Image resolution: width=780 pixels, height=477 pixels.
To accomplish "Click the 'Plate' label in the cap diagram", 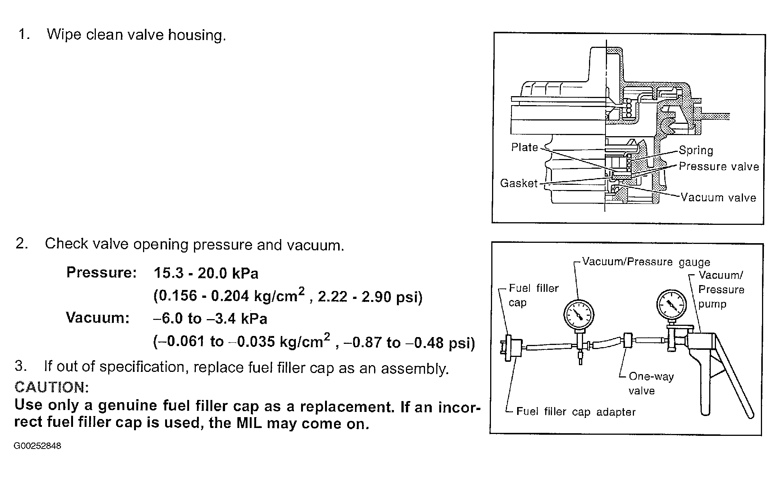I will point(524,147).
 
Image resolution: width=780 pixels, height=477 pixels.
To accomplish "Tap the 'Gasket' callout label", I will point(519,183).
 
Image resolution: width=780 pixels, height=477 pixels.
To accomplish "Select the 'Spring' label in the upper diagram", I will point(696,150).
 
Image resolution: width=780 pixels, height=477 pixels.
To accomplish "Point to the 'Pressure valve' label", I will point(719,166).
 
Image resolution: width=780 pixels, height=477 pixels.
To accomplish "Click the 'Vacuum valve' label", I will point(718,198).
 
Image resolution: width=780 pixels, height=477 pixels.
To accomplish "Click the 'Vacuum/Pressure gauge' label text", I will point(646,262).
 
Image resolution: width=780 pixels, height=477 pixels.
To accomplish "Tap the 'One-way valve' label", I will point(651,383).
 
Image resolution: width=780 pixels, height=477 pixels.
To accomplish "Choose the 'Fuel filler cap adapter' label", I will point(576,412).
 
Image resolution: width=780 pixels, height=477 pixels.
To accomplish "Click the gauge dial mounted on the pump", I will point(671,305).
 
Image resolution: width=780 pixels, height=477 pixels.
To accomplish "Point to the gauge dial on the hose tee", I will point(579,314).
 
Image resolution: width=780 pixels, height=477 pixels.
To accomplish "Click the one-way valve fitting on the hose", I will point(627,341).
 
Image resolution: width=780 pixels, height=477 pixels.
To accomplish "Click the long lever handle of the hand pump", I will point(734,378).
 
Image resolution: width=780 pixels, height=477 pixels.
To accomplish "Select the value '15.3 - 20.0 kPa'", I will point(206,273).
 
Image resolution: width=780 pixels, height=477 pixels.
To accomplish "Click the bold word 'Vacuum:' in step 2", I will point(98,318).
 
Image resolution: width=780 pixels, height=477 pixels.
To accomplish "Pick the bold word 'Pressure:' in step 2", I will point(101,273).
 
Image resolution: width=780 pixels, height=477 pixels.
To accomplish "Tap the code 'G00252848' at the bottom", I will point(37,446).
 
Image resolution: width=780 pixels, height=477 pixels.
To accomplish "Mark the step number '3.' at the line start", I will point(21,366).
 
